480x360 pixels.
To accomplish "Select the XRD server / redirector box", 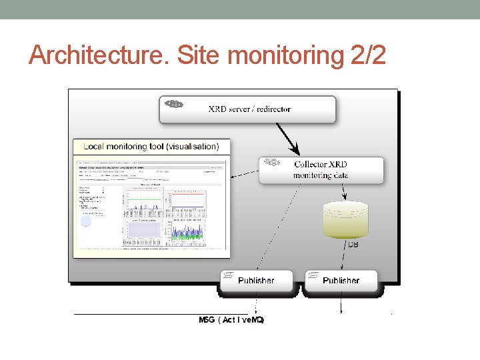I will point(247,109).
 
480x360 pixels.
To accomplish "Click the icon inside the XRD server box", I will point(174,104).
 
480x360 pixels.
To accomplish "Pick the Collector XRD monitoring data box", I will point(321,170).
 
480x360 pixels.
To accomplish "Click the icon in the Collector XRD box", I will point(271,162).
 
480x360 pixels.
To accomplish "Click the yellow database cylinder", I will point(345,219).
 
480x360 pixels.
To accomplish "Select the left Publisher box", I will point(256,281).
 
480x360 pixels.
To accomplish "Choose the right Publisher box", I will point(341,281).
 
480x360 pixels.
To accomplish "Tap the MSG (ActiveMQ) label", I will point(231,320).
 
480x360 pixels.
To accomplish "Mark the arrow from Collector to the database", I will point(344,192).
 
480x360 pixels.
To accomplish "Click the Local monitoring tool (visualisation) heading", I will point(151,146).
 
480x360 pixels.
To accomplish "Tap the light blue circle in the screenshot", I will point(86,221).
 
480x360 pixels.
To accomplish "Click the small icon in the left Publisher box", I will point(227,275).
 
